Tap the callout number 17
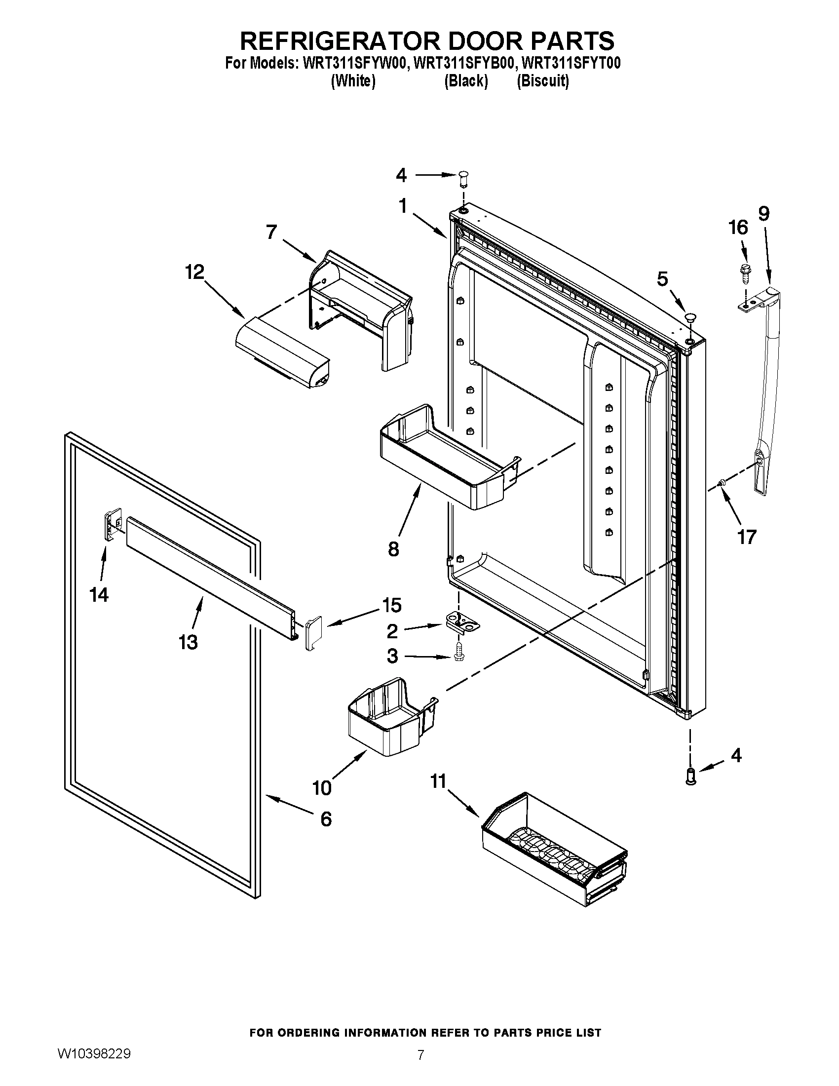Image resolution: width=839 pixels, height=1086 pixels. point(747,537)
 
